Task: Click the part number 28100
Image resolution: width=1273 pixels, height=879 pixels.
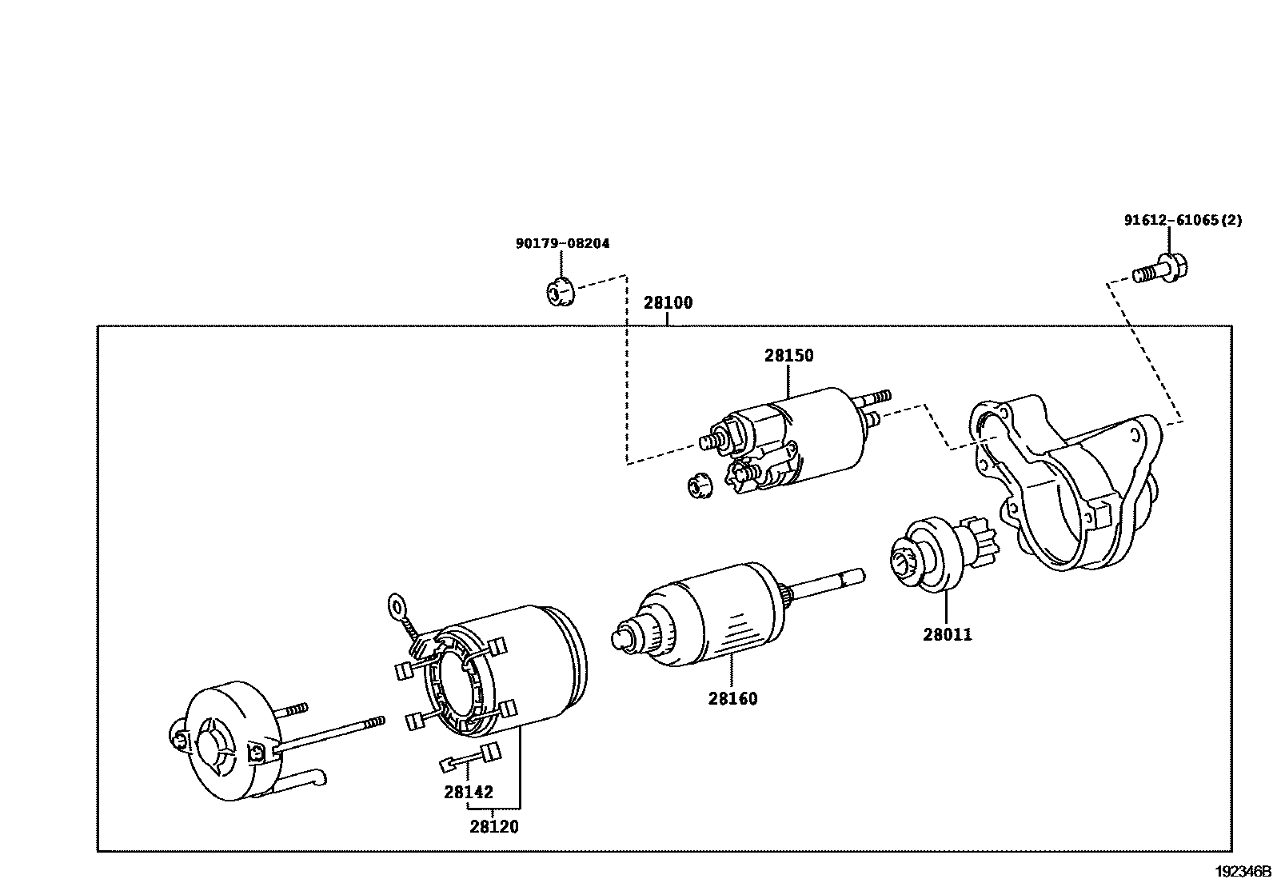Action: [x=668, y=303]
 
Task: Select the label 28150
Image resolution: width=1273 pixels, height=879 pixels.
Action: [x=788, y=356]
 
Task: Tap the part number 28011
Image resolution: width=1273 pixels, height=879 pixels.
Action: [x=948, y=635]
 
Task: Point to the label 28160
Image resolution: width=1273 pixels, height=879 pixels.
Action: [x=732, y=699]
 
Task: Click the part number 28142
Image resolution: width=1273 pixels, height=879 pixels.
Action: [x=469, y=793]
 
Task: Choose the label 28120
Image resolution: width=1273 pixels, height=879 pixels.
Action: [x=494, y=827]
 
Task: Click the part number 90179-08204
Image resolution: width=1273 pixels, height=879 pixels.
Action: [x=562, y=243]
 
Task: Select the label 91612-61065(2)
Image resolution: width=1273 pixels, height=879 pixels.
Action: [x=1183, y=220]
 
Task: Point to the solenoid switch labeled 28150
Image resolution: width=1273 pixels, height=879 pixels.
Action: [x=808, y=436]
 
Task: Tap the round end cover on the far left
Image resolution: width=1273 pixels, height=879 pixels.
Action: [x=228, y=740]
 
